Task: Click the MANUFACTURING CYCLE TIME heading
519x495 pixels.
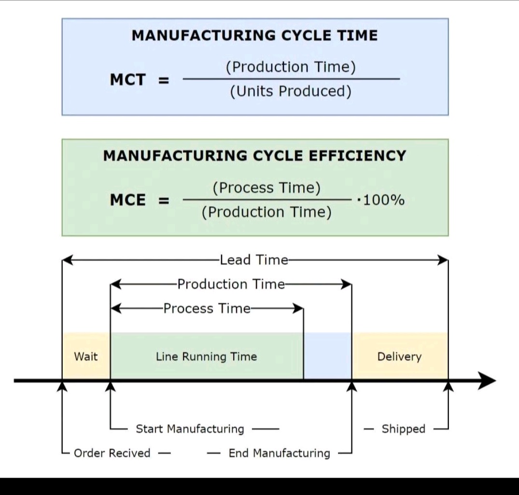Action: [x=255, y=36]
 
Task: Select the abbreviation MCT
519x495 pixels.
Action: [x=127, y=80]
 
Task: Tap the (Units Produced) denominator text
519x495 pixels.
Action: [x=291, y=91]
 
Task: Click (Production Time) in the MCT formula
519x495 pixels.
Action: [x=291, y=68]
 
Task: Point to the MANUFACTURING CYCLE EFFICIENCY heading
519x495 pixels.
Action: [x=255, y=156]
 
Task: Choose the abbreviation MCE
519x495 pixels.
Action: [x=127, y=200]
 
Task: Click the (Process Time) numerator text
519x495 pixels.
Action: [x=267, y=188]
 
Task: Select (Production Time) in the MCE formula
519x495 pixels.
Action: [x=267, y=212]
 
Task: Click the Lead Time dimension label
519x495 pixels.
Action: [x=254, y=260]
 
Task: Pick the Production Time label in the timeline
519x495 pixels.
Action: [x=231, y=284]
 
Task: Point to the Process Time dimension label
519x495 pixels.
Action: [x=207, y=308]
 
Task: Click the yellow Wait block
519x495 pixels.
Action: [x=86, y=357]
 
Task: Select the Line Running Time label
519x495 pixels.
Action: [x=207, y=357]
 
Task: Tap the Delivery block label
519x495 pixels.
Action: [x=400, y=357]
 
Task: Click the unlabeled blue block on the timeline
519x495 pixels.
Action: [x=327, y=356]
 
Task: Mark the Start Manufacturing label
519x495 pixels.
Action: [x=190, y=429]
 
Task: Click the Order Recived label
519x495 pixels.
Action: [x=112, y=453]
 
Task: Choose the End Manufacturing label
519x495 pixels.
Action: [x=280, y=453]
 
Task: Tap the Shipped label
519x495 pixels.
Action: [x=404, y=429]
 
